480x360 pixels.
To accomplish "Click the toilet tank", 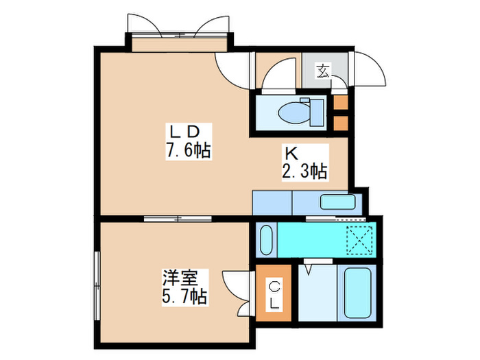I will [316, 110].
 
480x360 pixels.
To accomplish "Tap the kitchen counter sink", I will [337, 202].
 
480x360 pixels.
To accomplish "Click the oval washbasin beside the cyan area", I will [265, 238].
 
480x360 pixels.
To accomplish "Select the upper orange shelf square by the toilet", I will [340, 104].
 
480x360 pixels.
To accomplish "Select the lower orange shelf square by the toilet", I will [340, 123].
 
